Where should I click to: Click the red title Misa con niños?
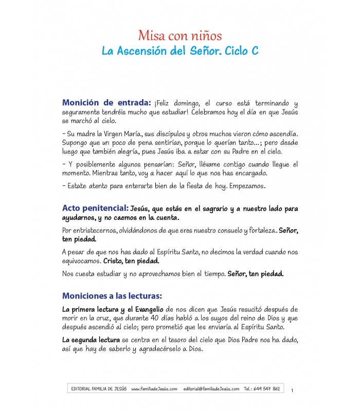click(179, 36)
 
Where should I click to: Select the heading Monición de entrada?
click(106, 102)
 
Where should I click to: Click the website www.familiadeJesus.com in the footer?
click(154, 389)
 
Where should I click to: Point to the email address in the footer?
click(211, 389)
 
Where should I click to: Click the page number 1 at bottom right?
click(292, 391)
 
